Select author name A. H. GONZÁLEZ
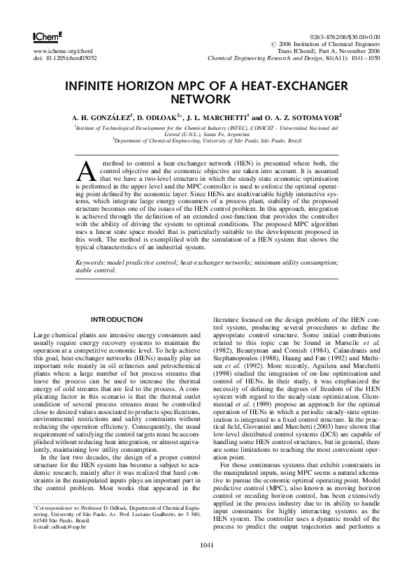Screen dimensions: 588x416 [x=101, y=118]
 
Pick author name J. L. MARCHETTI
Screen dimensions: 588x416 [x=215, y=118]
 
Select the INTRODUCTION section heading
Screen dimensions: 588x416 [x=117, y=319]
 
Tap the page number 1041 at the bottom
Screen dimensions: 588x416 [x=207, y=564]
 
